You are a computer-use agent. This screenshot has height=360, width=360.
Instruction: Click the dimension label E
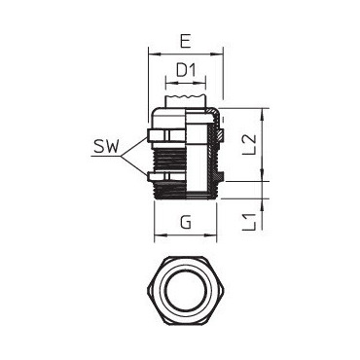[x=185, y=42]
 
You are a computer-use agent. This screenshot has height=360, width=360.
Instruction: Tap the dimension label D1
[x=186, y=70]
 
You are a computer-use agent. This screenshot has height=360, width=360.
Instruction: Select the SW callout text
[x=106, y=147]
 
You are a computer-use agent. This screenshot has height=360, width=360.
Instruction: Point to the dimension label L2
[x=250, y=144]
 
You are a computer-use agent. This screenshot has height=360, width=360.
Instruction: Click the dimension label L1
[x=250, y=222]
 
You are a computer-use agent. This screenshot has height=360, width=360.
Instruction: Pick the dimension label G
[x=186, y=224]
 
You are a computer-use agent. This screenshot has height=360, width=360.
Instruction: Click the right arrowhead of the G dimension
[x=210, y=234]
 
